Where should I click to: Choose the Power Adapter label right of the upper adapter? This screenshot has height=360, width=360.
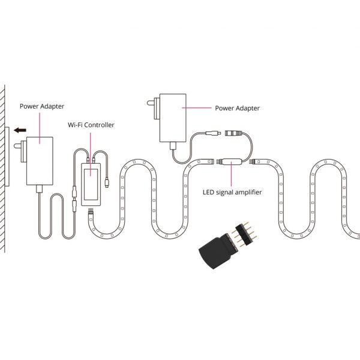237,108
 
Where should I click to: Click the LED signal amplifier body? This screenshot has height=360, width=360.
230,161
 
